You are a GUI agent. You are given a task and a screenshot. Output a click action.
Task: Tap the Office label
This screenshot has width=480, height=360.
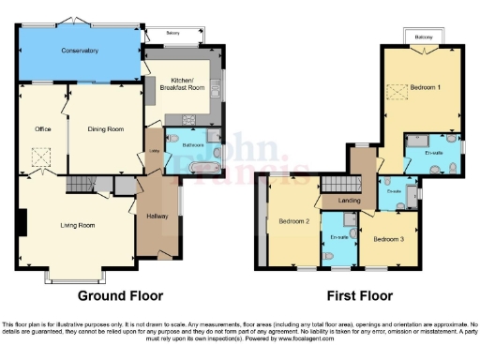click(41, 128)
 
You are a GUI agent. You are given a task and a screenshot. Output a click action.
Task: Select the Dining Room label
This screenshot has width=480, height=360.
click(105, 128)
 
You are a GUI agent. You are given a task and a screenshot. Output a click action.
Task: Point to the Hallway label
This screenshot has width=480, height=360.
click(157, 217)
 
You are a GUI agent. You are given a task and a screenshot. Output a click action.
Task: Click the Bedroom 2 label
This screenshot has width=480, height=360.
click(293, 221)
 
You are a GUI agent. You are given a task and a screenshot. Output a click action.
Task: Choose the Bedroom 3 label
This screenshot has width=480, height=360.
click(388, 239)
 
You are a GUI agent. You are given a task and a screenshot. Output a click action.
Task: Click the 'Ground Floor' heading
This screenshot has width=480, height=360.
click(120, 295)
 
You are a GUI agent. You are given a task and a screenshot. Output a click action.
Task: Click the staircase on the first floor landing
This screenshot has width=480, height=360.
click(336, 183)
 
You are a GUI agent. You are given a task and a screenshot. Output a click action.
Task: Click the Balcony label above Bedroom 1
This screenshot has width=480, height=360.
click(424, 38)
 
